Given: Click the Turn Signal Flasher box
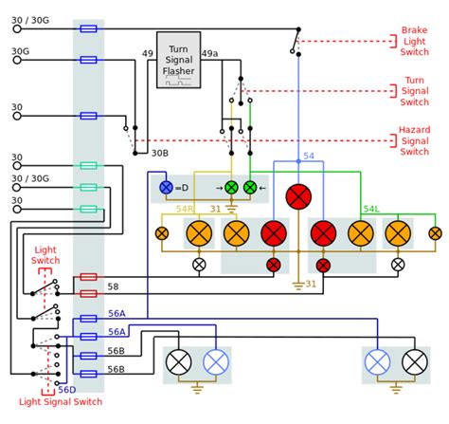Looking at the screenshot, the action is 178,60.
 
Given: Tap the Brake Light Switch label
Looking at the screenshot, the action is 415,41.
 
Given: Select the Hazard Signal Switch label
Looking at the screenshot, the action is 414,140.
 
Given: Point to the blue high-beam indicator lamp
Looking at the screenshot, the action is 166,188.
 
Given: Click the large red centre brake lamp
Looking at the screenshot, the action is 298,196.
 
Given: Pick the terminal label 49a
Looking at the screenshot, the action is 209,53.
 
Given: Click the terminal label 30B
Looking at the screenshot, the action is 160,153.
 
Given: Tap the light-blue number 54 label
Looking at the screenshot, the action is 309,156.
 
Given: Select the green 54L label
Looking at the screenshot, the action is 371,209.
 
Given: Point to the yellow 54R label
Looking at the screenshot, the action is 185,209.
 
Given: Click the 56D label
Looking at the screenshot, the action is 67,390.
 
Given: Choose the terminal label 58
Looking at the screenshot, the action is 113,286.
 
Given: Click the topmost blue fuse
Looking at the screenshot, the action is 88,28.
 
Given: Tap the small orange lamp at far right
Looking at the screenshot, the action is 435,233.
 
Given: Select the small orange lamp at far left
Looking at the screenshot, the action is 162,233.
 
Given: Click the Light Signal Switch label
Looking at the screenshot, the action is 61,402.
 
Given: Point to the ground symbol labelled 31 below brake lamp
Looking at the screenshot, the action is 298,286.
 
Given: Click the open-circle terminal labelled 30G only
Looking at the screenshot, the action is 17,60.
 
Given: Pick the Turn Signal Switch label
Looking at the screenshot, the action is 415,91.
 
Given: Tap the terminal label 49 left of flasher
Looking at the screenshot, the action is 148,53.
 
